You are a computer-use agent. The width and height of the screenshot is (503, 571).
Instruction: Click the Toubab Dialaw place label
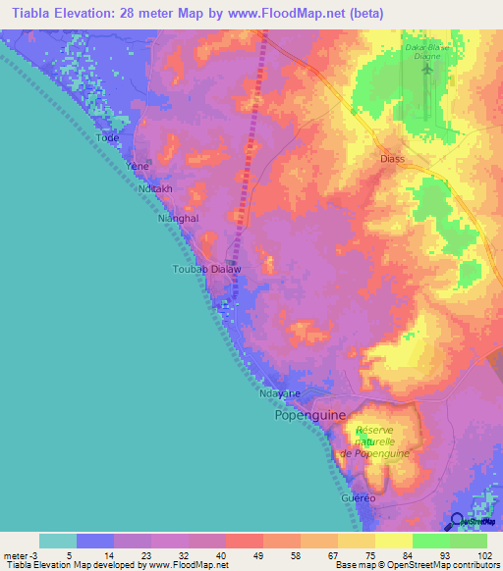207,268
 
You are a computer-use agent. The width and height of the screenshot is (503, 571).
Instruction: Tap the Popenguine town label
308,415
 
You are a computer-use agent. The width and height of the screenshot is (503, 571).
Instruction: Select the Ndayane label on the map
279,394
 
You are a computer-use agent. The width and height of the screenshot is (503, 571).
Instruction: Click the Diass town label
393,156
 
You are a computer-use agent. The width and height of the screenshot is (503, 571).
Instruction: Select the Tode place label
107,138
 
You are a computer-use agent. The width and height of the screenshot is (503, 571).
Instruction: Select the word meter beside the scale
14,556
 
